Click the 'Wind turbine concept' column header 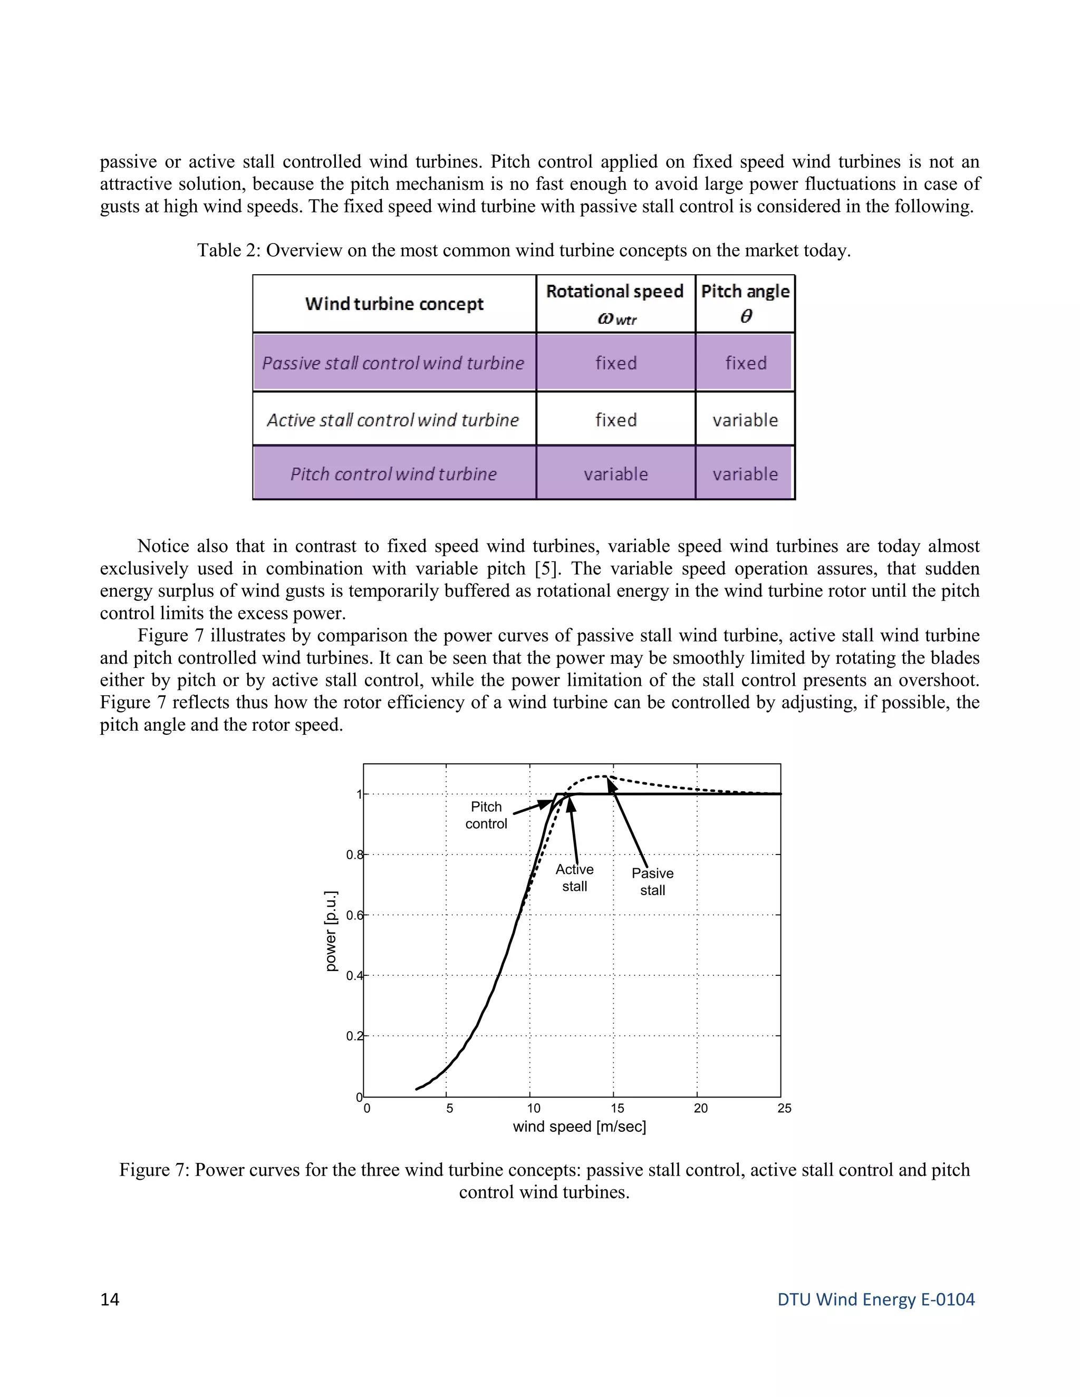394,304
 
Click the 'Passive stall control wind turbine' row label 393,363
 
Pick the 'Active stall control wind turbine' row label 393,420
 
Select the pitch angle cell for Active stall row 745,420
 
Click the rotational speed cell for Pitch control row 615,474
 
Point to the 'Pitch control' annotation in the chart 486,816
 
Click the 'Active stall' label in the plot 575,878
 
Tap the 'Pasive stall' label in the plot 653,881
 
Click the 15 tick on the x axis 618,1109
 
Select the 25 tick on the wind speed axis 784,1109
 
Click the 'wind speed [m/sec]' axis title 580,1127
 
